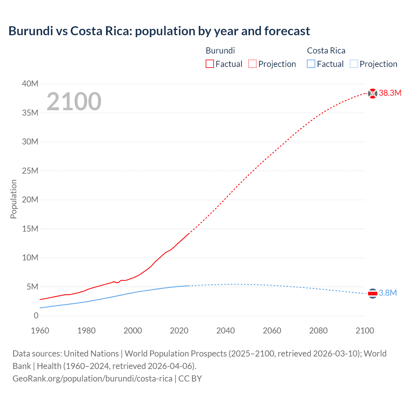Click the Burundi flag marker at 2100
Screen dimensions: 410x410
[373, 93]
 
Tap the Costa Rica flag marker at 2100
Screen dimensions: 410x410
[373, 293]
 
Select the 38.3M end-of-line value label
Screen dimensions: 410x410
[390, 93]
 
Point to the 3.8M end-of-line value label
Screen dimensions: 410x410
[388, 293]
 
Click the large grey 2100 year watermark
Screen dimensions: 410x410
[74, 102]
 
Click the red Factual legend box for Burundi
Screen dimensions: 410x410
[209, 64]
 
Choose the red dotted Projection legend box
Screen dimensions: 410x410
[252, 64]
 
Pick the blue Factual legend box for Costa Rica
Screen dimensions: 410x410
[311, 64]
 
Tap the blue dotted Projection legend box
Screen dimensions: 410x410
[354, 64]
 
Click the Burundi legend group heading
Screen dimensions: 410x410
[220, 51]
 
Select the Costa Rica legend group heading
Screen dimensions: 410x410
[326, 51]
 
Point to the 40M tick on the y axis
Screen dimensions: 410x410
[30, 84]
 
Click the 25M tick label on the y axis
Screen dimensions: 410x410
[30, 171]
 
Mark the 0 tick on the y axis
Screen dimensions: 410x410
[36, 316]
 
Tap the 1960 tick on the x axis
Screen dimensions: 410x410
[40, 331]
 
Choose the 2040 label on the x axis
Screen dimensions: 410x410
[225, 331]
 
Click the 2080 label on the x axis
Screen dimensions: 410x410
[318, 331]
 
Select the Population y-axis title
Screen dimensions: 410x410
[13, 199]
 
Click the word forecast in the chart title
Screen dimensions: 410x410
[287, 31]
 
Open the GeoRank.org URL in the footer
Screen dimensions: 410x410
[92, 378]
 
